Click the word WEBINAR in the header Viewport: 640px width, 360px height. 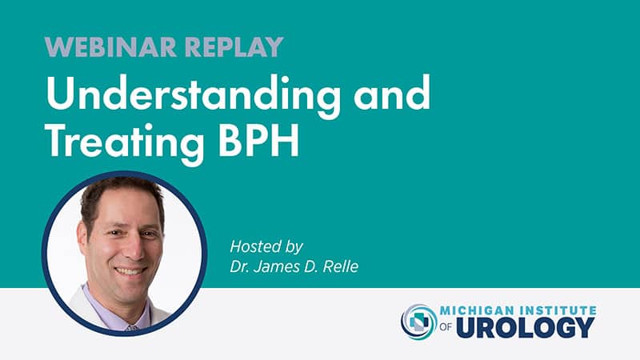click(110, 47)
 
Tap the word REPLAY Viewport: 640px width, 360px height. click(234, 47)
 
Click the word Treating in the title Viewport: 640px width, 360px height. click(125, 142)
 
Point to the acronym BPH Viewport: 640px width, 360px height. click(259, 140)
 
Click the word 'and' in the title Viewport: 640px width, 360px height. click(392, 92)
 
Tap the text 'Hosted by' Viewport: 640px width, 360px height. click(266, 247)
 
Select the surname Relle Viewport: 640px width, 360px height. click(341, 266)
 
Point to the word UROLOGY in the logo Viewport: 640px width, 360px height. click(526, 328)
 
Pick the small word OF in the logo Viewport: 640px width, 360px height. click(446, 326)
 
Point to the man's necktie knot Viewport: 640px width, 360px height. click(132, 327)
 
